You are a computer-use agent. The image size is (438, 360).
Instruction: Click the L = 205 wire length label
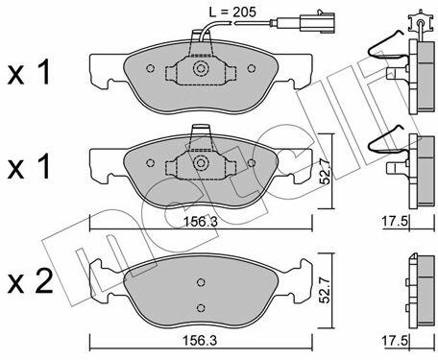(232, 12)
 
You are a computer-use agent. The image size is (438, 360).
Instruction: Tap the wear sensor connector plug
(318, 22)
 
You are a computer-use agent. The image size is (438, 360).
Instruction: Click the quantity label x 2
(30, 281)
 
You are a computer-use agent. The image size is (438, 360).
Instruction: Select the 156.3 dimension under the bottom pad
(200, 341)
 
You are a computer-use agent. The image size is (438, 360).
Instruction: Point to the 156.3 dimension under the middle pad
(201, 222)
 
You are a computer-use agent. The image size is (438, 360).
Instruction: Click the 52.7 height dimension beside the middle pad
(326, 172)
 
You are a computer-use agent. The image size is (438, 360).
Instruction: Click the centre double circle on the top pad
(201, 68)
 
